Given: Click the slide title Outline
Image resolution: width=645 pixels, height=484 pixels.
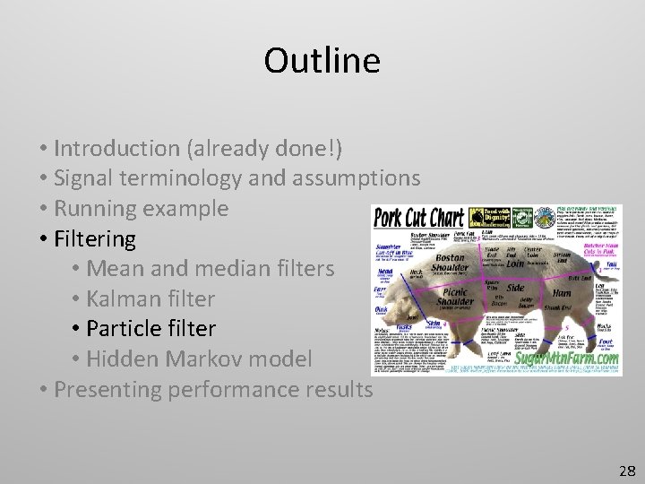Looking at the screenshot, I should [x=322, y=61].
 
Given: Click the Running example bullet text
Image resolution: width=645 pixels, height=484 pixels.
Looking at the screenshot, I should [x=141, y=209].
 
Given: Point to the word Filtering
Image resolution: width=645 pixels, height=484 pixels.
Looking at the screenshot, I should [x=94, y=239].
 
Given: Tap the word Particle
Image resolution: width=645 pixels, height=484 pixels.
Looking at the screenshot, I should [x=127, y=330].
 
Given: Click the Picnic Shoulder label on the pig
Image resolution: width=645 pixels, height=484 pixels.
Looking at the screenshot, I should [x=462, y=303].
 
